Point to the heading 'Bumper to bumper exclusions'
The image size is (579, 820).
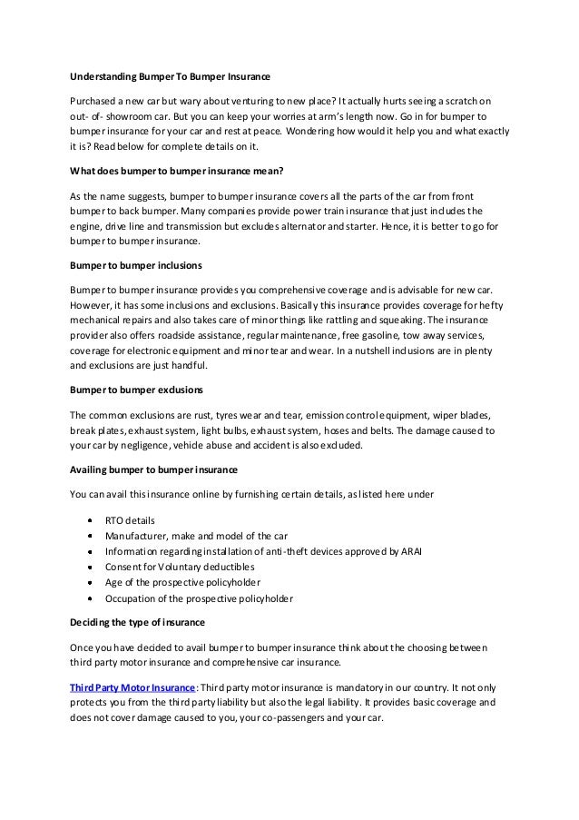(x=135, y=390)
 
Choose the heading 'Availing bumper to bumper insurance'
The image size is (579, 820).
(x=154, y=469)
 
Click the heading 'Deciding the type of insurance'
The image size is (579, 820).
(x=140, y=624)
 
